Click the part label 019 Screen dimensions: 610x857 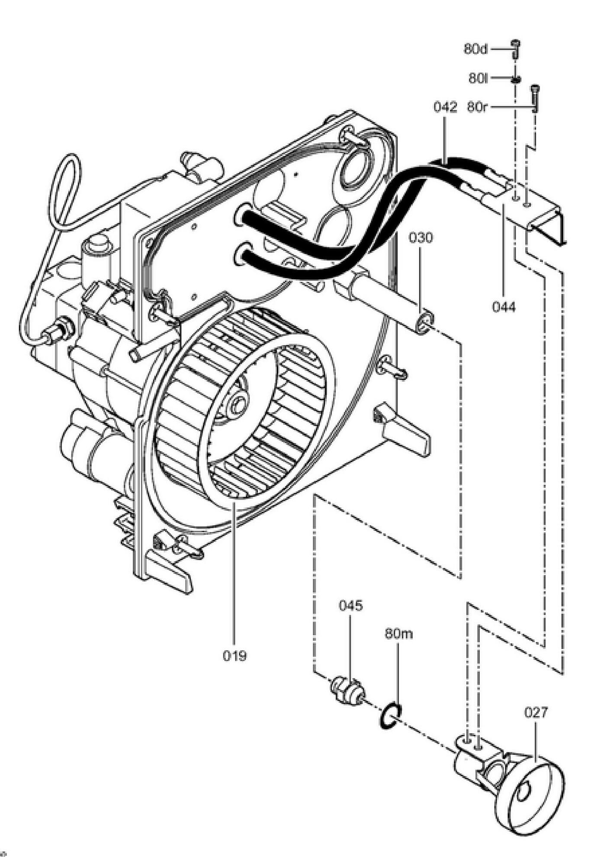point(234,656)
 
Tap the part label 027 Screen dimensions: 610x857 point(536,712)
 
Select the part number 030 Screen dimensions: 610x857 point(421,238)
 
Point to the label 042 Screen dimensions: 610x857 point(445,107)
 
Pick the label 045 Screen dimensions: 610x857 point(350,606)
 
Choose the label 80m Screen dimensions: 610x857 point(398,634)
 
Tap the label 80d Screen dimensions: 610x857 point(475,49)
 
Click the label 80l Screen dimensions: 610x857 point(478,78)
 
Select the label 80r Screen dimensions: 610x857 point(477,107)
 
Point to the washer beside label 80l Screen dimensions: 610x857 point(515,79)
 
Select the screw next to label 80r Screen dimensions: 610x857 point(536,98)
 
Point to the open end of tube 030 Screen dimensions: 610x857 point(424,322)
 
